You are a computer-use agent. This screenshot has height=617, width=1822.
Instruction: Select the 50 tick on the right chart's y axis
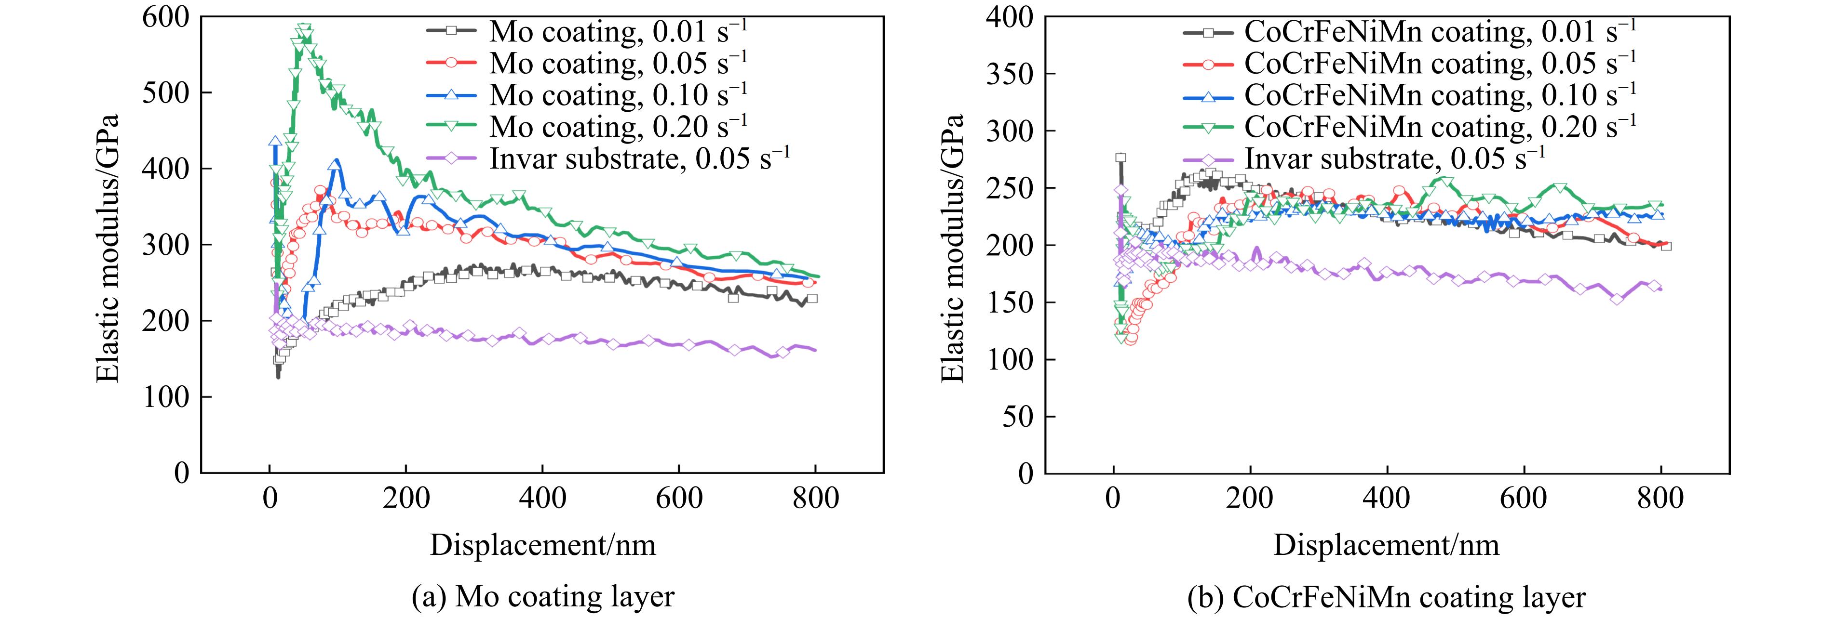tap(1018, 416)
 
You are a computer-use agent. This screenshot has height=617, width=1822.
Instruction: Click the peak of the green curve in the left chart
tap(304, 28)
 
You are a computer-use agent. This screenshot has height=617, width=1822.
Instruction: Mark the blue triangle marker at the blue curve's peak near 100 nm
tap(335, 165)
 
